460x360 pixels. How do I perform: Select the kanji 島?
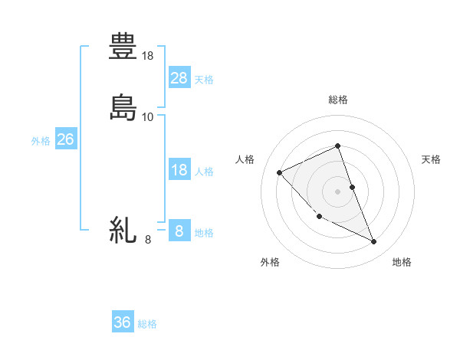[x=123, y=106]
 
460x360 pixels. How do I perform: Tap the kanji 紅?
[x=123, y=229]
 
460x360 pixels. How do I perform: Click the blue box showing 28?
[x=179, y=77]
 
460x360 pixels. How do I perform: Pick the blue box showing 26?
[x=65, y=139]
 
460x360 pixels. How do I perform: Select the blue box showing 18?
[x=179, y=170]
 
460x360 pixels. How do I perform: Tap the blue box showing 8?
[x=179, y=231]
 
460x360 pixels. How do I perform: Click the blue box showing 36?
[x=123, y=322]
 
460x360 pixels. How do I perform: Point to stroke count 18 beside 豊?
[x=149, y=56]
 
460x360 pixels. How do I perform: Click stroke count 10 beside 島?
[x=149, y=116]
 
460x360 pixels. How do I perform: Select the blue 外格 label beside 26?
[x=41, y=141]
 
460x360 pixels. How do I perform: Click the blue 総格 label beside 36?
[x=147, y=324]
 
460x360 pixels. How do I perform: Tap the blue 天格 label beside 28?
[x=204, y=79]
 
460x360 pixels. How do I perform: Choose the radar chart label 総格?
[x=338, y=100]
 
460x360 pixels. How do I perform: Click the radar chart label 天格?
[x=432, y=159]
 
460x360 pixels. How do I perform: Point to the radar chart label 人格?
[x=245, y=159]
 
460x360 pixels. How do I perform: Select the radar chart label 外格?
[x=270, y=262]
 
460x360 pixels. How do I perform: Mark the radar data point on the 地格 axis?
[x=374, y=242]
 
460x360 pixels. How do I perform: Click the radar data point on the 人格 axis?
[x=280, y=172]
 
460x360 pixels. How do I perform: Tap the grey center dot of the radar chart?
[x=338, y=191]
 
